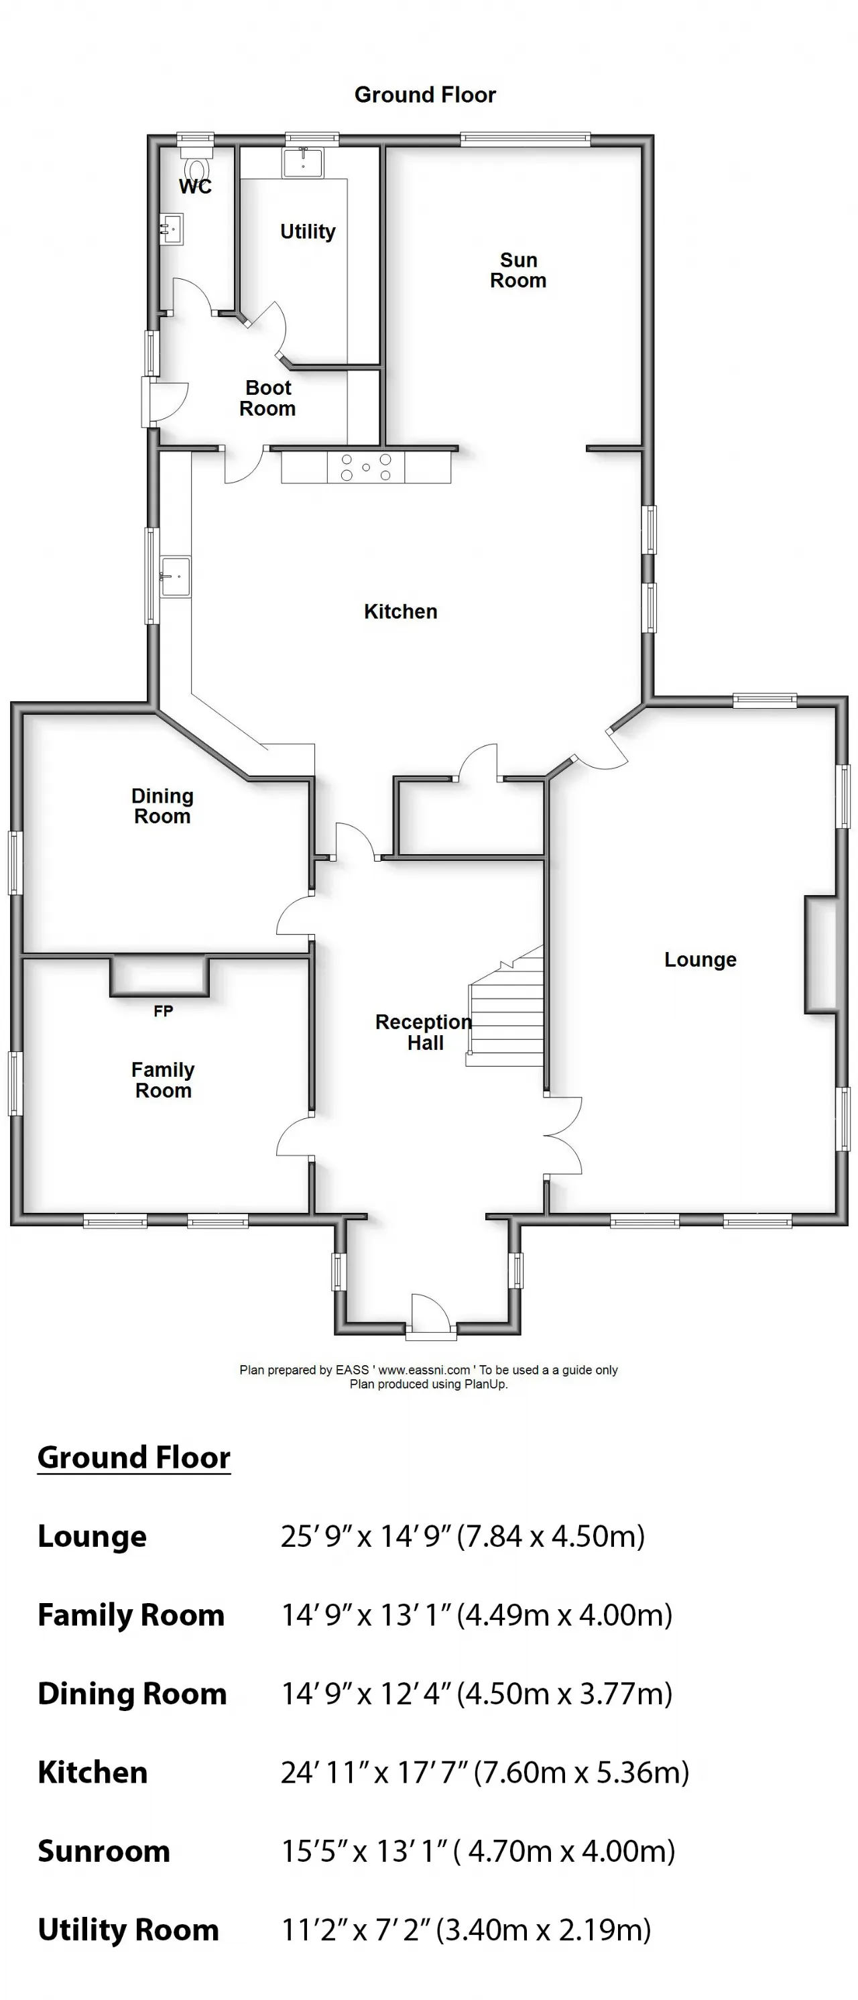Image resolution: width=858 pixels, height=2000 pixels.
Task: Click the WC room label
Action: (195, 186)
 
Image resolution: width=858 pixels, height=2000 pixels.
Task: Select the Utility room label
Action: (308, 231)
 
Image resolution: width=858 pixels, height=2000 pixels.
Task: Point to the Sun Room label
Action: (518, 270)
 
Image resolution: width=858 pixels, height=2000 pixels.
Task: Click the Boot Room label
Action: (268, 398)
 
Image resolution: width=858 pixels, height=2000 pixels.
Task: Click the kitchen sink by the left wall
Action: (176, 577)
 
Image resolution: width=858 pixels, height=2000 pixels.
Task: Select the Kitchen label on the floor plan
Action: (401, 612)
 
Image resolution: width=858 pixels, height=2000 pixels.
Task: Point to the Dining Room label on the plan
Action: (162, 806)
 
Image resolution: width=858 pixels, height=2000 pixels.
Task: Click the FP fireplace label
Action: (163, 1011)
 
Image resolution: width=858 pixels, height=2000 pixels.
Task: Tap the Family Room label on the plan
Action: (163, 1080)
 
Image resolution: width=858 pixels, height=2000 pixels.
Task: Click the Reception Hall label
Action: (424, 1033)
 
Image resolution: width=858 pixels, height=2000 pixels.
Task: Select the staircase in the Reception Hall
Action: (505, 1006)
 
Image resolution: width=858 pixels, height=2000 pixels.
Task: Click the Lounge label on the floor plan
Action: (700, 960)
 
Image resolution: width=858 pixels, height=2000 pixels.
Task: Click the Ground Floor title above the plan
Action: (425, 95)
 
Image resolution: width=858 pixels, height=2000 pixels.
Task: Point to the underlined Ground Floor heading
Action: (133, 1458)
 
